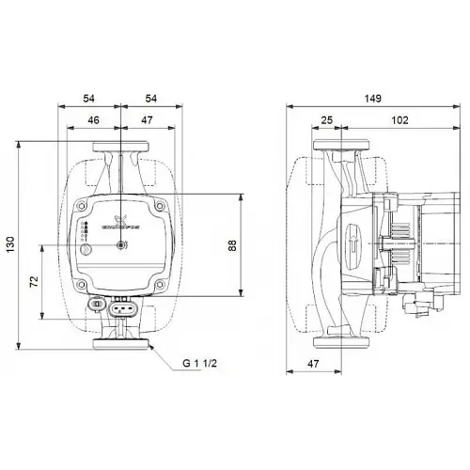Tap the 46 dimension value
tap(93, 120)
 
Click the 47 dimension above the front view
tap(145, 120)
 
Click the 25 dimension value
tap(326, 120)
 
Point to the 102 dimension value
tap(399, 120)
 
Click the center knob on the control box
tap(120, 246)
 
